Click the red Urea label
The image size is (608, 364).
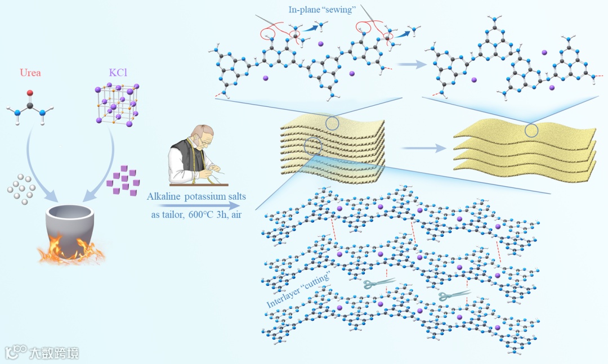click(30, 73)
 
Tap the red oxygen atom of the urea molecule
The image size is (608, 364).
click(30, 93)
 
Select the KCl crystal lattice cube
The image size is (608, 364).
click(116, 104)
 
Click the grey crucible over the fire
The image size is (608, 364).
click(70, 228)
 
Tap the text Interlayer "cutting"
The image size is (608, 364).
click(298, 290)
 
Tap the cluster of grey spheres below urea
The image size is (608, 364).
click(21, 188)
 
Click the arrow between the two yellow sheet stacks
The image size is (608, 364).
click(422, 150)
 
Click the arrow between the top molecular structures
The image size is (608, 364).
click(412, 65)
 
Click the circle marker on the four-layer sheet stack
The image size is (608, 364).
click(531, 131)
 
